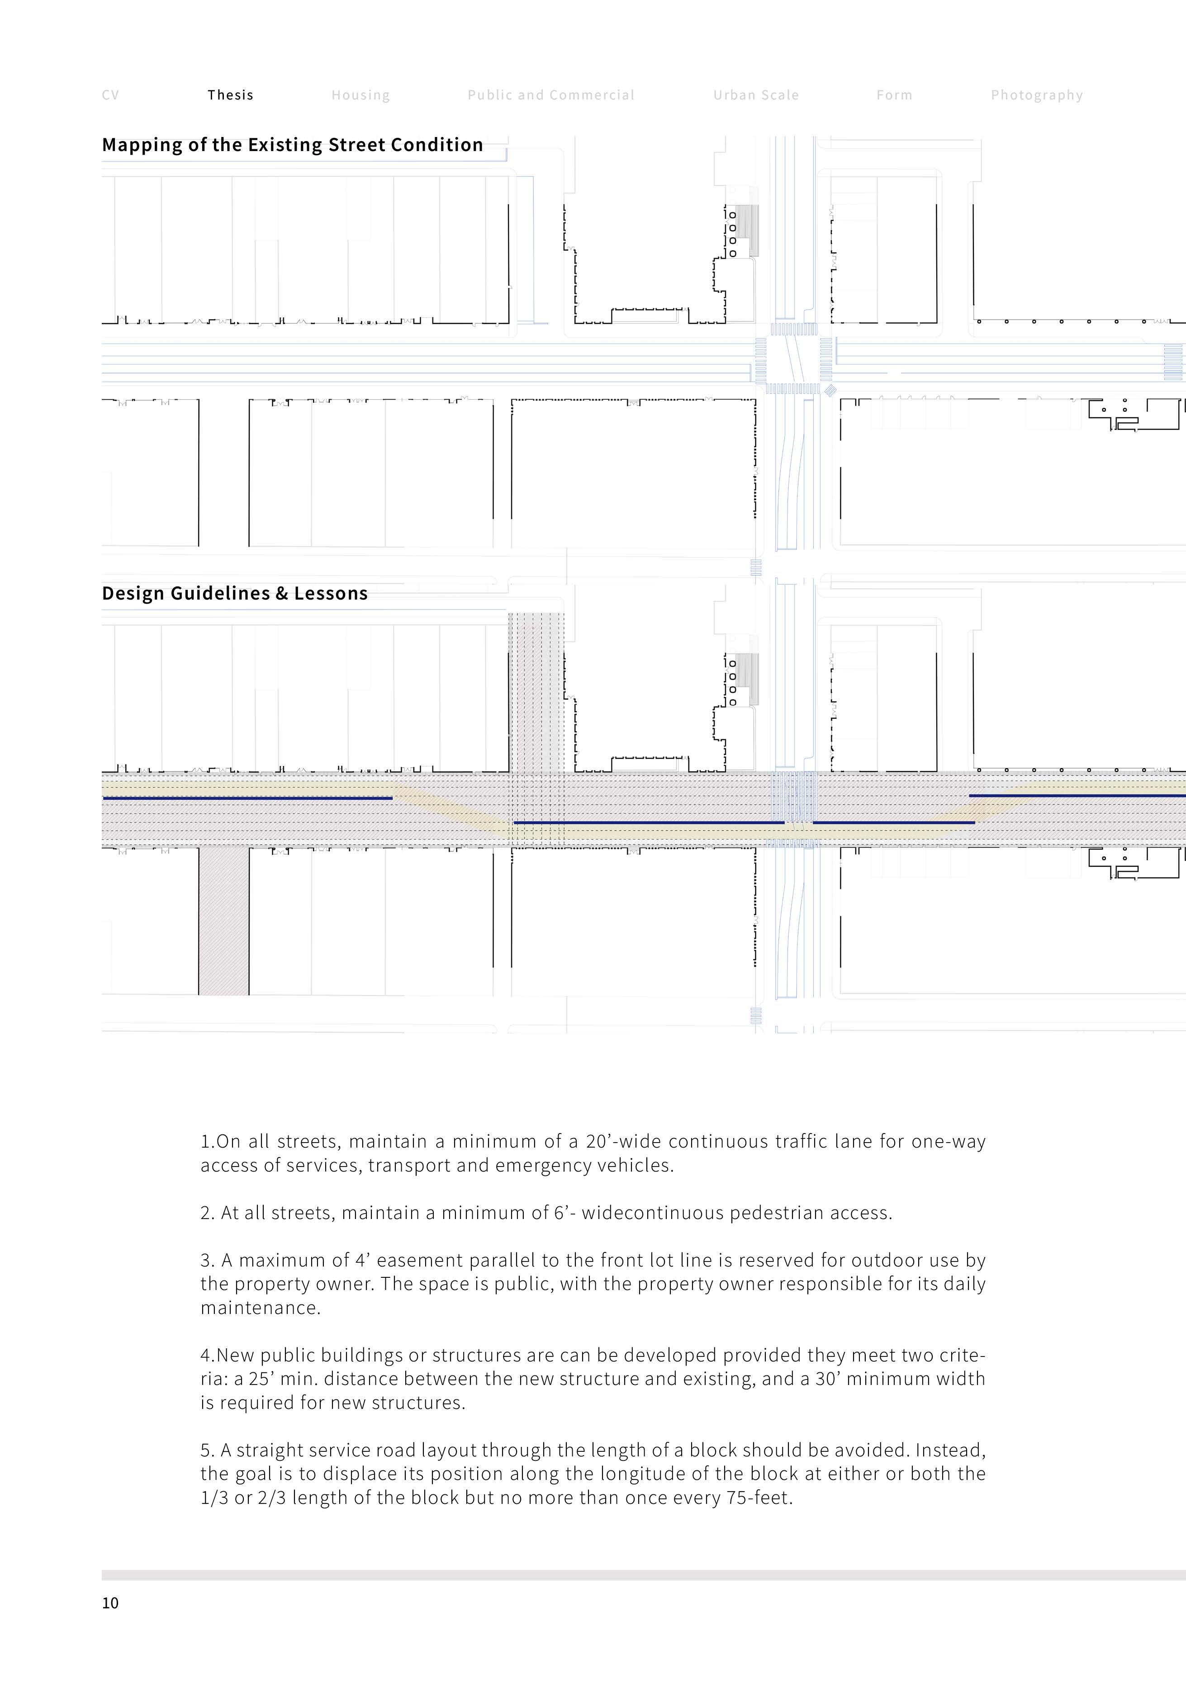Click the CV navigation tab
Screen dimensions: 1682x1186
[110, 95]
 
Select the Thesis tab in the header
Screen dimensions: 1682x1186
[230, 95]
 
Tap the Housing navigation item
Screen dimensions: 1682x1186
[361, 95]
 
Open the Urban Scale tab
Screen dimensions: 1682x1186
[756, 95]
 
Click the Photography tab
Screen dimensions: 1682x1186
[1036, 95]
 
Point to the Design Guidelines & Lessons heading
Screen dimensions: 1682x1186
[235, 593]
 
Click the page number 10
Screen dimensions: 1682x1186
[110, 1603]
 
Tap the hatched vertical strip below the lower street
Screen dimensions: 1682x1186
[223, 921]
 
